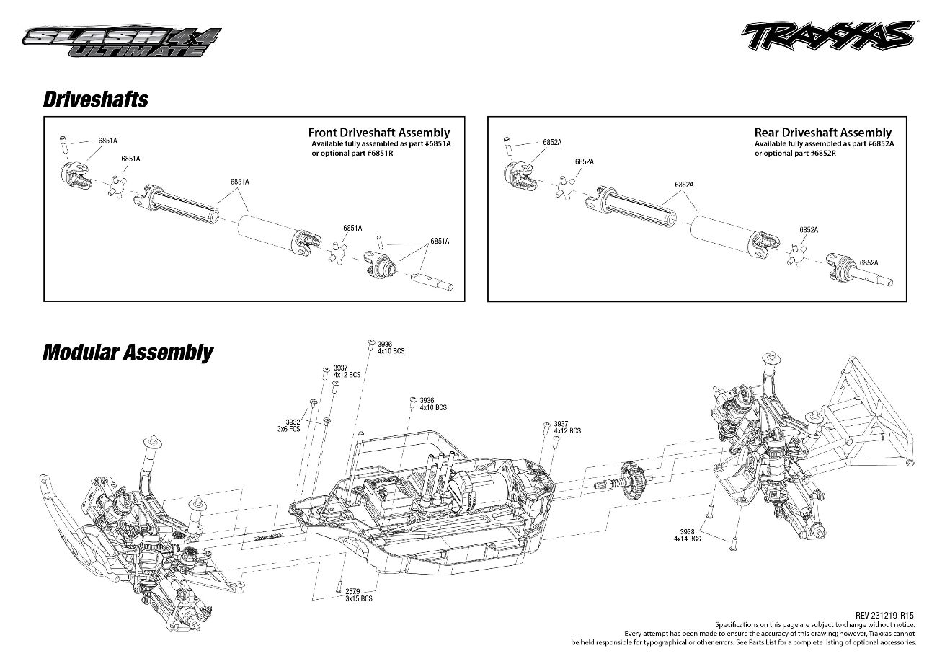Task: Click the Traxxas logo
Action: [828, 35]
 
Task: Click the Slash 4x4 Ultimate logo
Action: [122, 41]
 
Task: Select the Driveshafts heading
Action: [96, 99]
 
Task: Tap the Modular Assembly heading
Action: [128, 353]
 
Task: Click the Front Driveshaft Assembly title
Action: [378, 133]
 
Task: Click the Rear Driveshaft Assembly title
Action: [822, 133]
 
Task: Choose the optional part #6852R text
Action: [795, 154]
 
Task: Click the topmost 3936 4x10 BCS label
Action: [391, 347]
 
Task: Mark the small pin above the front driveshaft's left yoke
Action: [63, 142]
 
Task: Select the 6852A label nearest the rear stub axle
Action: [869, 262]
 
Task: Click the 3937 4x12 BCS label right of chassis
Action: [567, 427]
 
